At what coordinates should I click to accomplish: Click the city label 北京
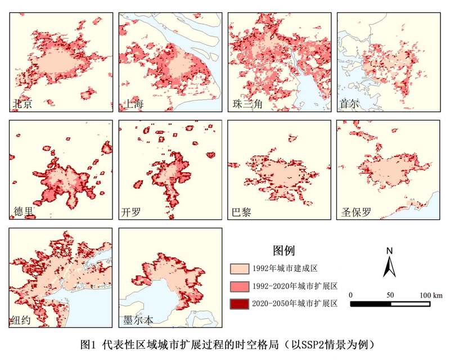(22, 105)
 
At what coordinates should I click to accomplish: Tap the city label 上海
(134, 105)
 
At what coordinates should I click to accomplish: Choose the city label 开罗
(132, 213)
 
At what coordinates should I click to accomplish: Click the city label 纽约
(21, 321)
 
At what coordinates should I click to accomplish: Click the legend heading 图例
(283, 250)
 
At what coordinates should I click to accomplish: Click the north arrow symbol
(390, 266)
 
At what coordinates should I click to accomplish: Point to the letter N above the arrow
(390, 250)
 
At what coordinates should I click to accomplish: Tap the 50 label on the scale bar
(390, 295)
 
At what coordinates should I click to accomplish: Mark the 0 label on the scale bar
(350, 295)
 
